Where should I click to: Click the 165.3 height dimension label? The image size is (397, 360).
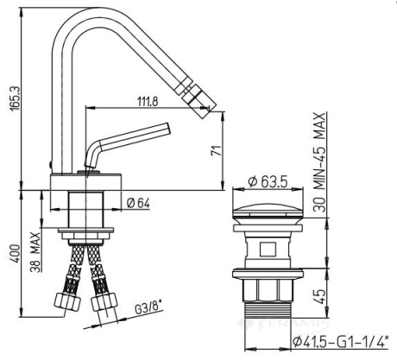click(x=15, y=98)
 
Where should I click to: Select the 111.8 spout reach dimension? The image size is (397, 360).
click(x=148, y=102)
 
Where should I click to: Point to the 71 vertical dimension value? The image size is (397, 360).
click(x=217, y=151)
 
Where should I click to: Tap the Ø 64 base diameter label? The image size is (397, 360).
click(x=138, y=204)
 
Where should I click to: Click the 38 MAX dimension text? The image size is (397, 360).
click(x=35, y=252)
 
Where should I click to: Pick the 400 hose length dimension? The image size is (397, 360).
click(x=15, y=254)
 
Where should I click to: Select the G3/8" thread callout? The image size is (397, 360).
click(x=148, y=309)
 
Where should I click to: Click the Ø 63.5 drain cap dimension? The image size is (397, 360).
click(x=268, y=181)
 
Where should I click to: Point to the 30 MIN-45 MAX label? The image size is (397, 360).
click(x=319, y=162)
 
